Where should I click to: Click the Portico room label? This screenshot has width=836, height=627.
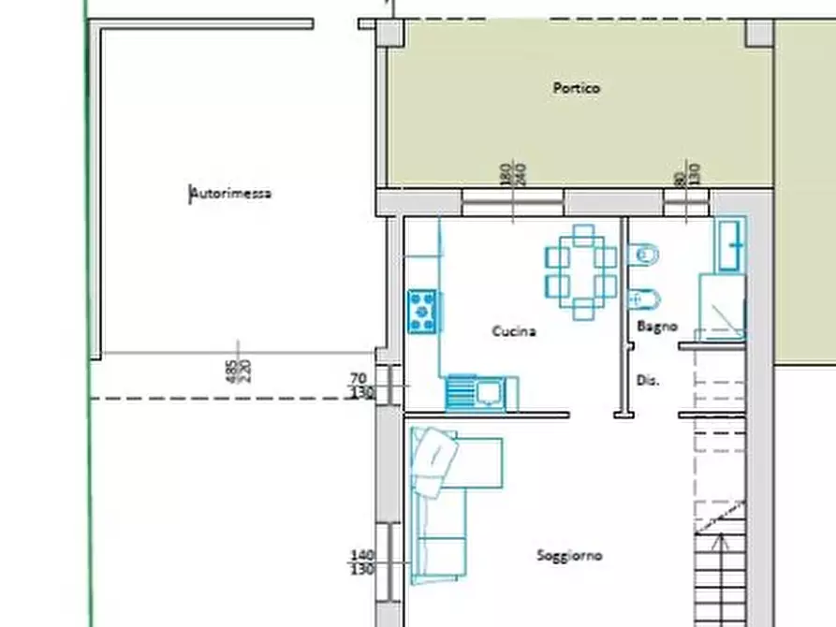point(576,88)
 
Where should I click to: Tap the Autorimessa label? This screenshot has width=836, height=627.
point(231,194)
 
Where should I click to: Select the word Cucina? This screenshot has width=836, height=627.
point(514,330)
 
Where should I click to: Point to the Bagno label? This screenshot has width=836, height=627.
point(657,327)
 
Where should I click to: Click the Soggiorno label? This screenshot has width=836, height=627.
point(569,555)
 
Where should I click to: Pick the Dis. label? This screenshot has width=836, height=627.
point(648,380)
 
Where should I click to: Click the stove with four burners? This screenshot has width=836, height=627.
point(422,310)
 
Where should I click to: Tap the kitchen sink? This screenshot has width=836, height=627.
point(481,392)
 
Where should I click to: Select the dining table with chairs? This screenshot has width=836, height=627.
point(581,271)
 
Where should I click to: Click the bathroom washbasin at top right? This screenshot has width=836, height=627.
point(731,245)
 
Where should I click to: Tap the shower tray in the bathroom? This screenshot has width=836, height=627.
point(723,306)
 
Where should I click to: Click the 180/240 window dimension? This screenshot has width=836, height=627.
point(513,173)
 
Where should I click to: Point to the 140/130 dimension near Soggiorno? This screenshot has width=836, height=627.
point(361,561)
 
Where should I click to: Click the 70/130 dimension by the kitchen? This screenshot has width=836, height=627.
point(361,386)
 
